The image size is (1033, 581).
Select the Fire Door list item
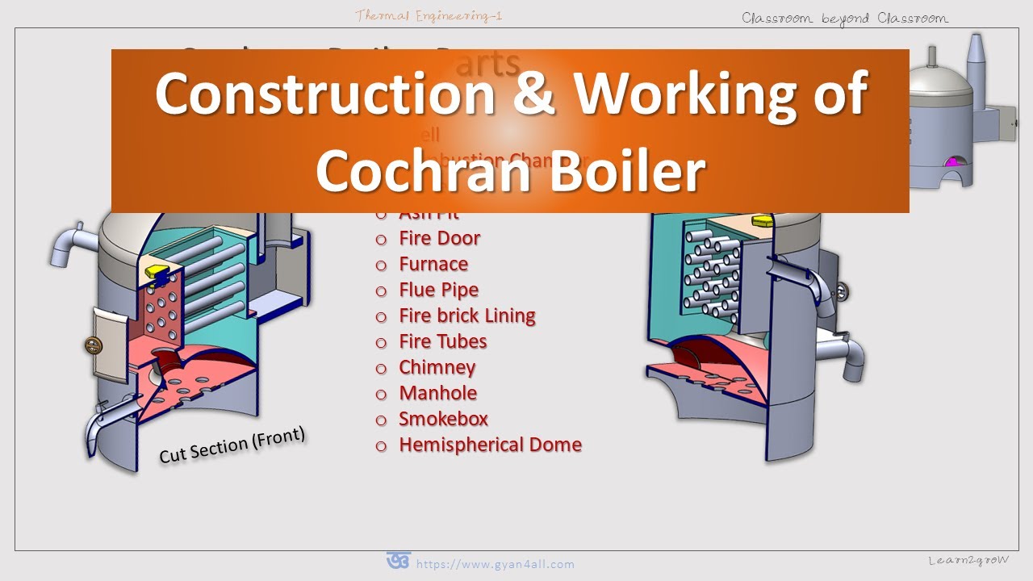click(439, 238)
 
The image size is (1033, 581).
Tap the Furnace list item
click(433, 264)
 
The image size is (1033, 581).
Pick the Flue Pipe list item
click(438, 290)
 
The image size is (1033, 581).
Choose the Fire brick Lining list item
click(466, 316)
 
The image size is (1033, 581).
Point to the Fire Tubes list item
click(442, 341)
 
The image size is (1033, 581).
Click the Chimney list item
click(437, 367)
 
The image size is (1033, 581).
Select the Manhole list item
click(437, 393)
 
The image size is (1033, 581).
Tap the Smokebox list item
click(443, 419)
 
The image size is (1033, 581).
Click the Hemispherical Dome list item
click(490, 445)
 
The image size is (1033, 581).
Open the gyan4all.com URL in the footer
click(495, 564)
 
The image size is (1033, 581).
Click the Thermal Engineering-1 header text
click(429, 15)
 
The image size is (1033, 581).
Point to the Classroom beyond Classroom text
click(845, 18)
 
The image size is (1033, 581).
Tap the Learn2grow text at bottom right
click(968, 560)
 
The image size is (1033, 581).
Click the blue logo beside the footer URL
click(398, 561)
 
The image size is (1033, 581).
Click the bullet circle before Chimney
click(382, 368)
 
